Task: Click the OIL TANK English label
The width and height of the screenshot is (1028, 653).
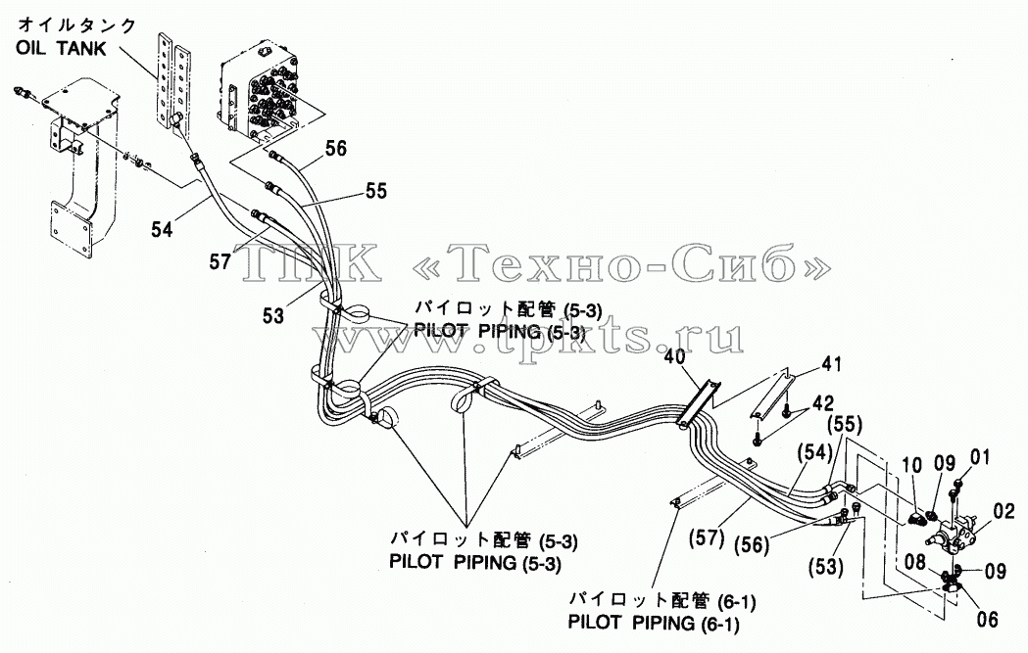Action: click(x=61, y=49)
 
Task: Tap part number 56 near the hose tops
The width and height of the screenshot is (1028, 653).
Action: click(x=336, y=148)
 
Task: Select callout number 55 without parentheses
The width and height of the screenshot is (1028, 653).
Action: click(x=376, y=191)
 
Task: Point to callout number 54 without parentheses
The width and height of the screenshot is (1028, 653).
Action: click(x=162, y=229)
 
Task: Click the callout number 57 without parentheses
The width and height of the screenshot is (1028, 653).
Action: click(x=220, y=262)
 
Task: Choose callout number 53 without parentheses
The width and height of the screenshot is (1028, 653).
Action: click(x=273, y=315)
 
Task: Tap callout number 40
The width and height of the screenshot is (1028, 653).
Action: click(x=674, y=357)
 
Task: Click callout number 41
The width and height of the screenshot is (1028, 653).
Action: click(x=831, y=364)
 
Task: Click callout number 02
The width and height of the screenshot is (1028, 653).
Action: click(x=1004, y=511)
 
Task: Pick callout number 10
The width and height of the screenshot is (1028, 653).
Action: click(x=912, y=466)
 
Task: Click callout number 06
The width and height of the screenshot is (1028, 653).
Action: click(x=987, y=619)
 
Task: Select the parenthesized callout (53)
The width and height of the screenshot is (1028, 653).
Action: click(x=825, y=565)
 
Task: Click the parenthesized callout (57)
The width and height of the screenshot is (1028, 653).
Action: click(x=707, y=537)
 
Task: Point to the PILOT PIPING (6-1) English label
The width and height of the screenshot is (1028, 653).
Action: click(x=654, y=623)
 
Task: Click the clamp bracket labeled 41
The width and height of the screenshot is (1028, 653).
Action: click(x=772, y=396)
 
